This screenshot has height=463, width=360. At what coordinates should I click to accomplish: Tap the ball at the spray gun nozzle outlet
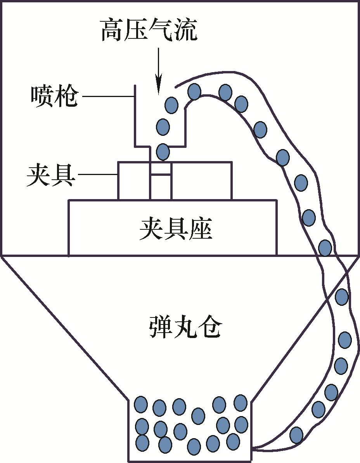pos(163,151)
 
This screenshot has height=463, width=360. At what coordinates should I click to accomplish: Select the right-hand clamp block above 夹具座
pos(201,180)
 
